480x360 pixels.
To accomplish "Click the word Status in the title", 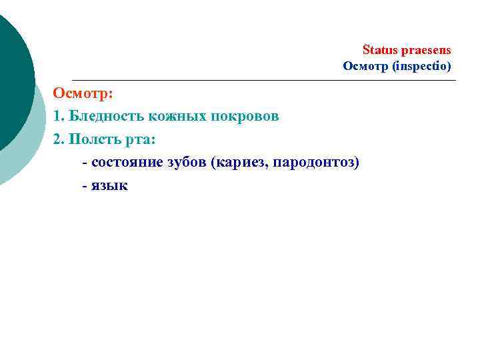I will click(377, 50).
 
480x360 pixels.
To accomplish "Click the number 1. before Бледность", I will click(59, 116).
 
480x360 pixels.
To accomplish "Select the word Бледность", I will click(107, 116).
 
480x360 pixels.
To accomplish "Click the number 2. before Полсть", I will click(59, 139).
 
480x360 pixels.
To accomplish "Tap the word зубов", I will click(189, 163).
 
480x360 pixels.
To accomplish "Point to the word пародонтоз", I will click(311, 163).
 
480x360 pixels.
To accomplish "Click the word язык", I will click(109, 186).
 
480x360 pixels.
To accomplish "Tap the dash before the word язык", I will click(84, 186).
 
